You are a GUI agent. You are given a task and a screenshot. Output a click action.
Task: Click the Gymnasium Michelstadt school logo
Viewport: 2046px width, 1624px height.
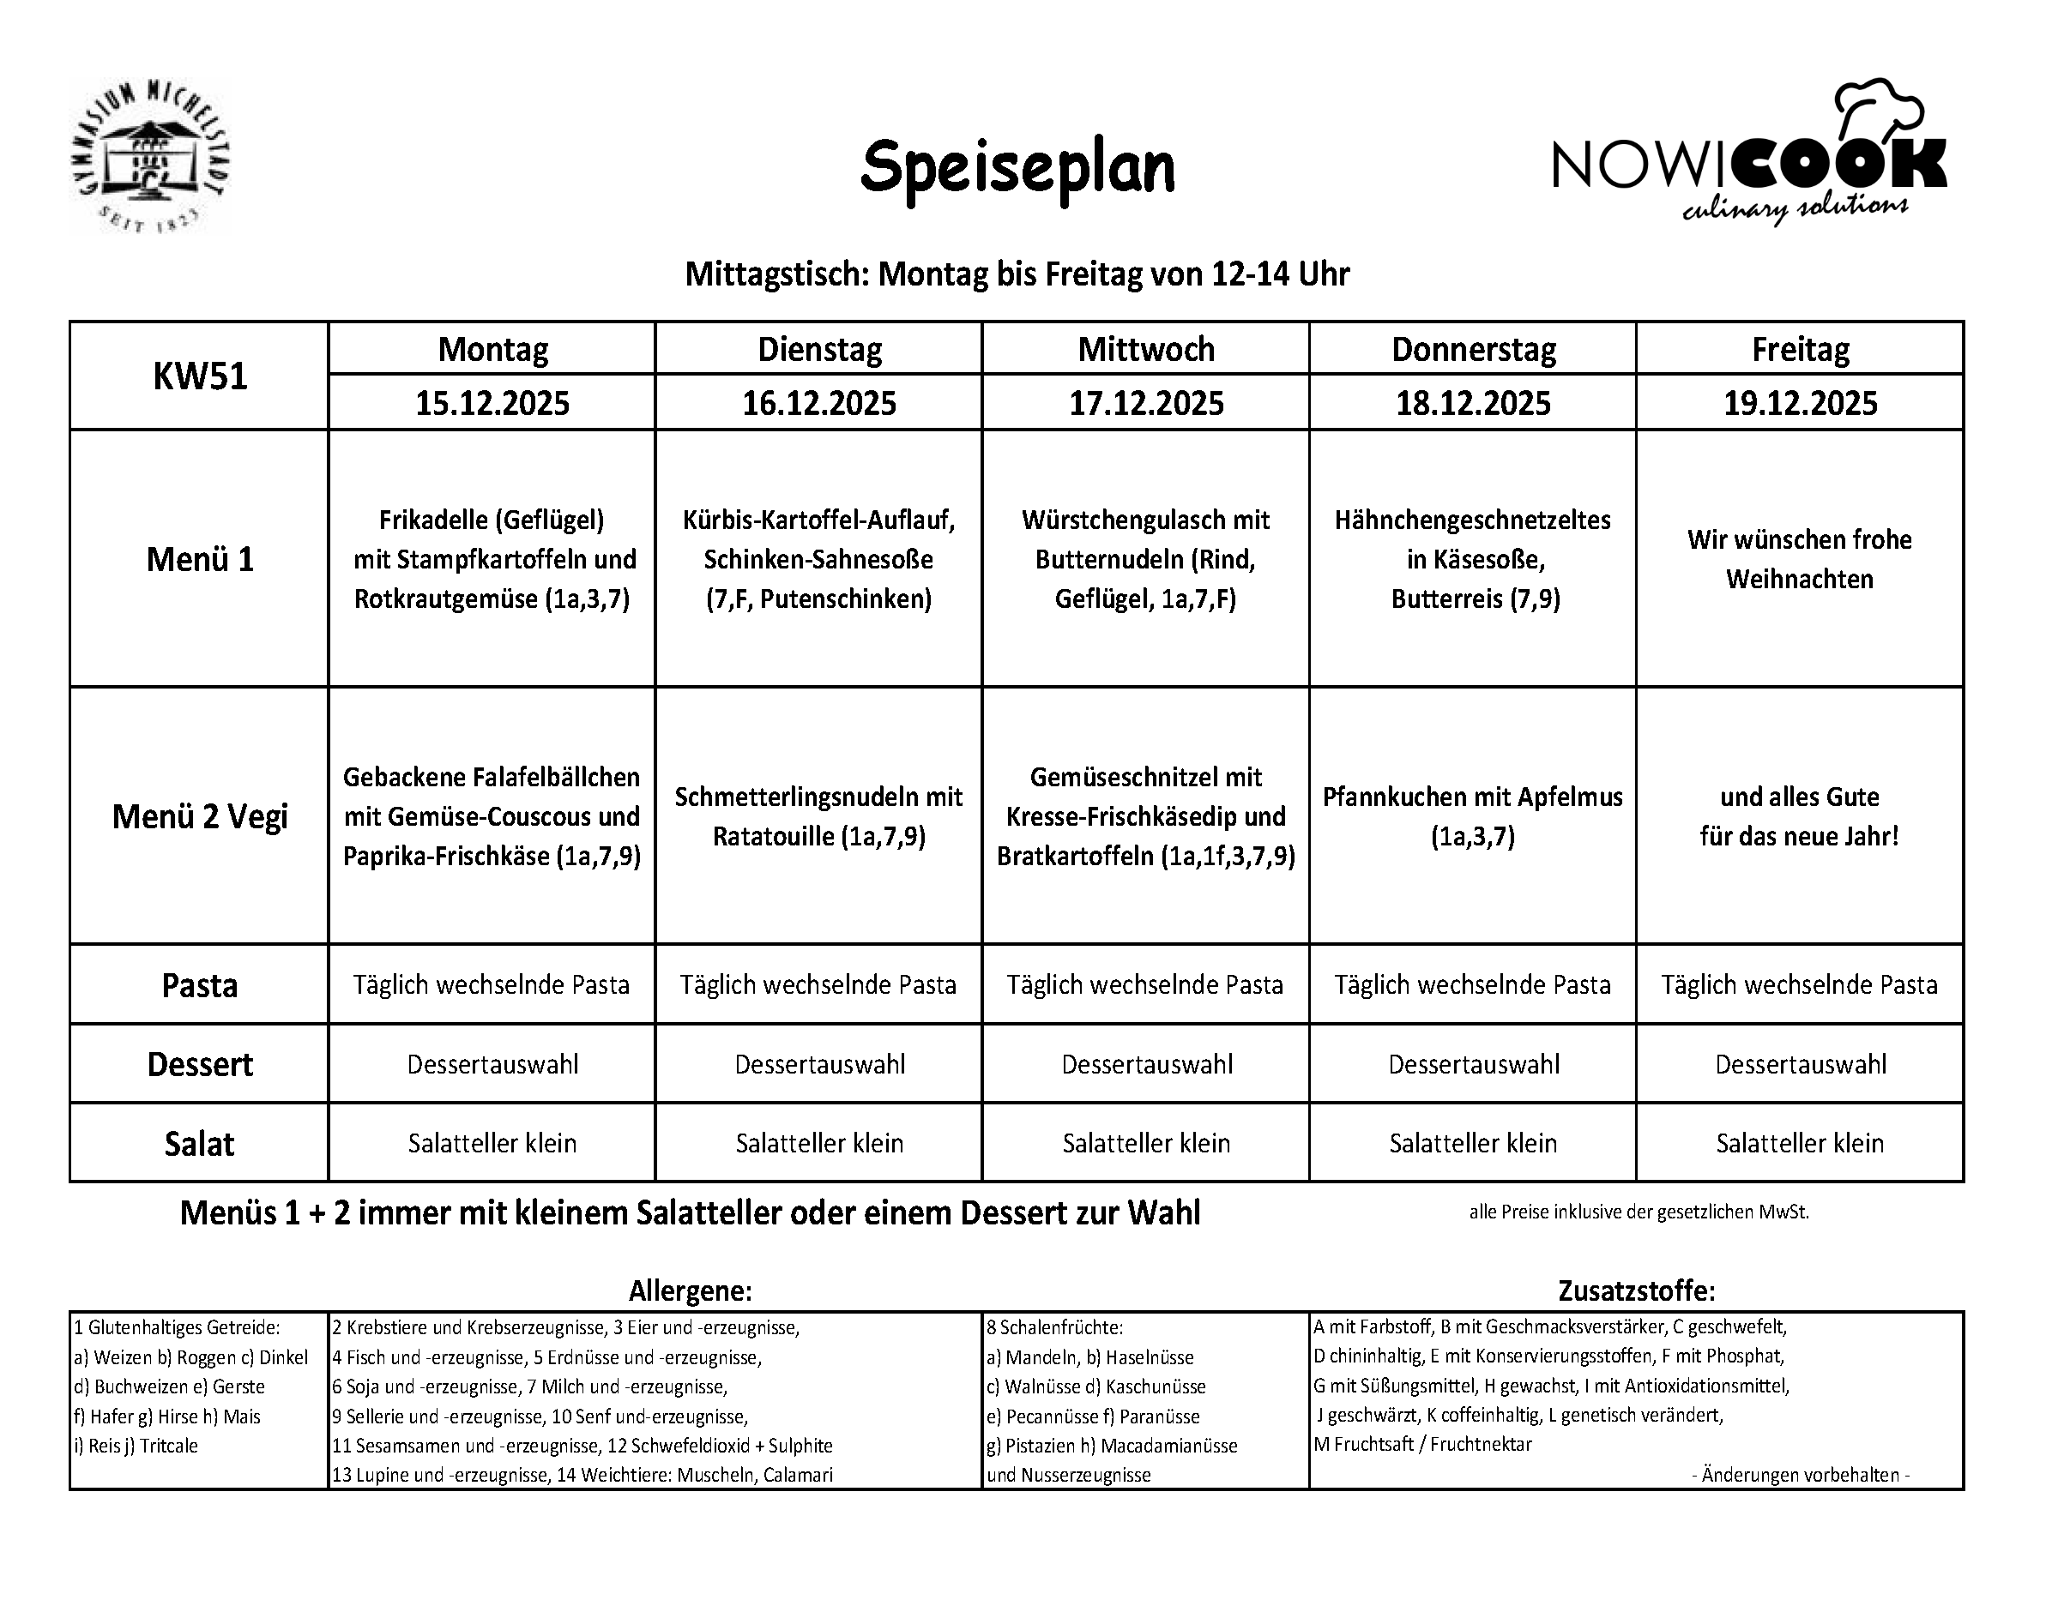[x=150, y=157]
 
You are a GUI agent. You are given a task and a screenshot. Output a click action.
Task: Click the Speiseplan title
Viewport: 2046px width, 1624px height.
[x=1017, y=168]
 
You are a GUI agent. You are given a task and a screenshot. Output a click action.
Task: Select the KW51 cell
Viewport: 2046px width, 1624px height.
[x=199, y=376]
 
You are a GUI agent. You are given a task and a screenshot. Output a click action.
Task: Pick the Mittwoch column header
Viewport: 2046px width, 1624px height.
[x=1145, y=349]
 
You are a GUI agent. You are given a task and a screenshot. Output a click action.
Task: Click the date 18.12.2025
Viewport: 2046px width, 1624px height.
[x=1473, y=403]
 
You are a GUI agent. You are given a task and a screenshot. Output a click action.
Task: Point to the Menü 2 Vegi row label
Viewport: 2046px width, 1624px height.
[x=199, y=815]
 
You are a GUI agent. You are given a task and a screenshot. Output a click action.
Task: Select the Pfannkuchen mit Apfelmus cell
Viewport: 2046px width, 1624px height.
[x=1473, y=815]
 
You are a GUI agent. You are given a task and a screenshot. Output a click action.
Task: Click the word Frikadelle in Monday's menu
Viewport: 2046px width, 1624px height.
[x=432, y=520]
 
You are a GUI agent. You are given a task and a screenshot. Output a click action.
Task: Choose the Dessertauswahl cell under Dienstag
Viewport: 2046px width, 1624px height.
[x=819, y=1064]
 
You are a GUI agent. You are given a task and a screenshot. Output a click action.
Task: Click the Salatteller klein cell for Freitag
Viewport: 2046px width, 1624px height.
[x=1799, y=1143]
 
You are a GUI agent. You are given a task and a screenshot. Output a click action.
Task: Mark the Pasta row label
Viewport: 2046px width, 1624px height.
[x=199, y=985]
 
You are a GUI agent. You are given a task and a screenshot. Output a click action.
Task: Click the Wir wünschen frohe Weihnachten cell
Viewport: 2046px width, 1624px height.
[x=1799, y=559]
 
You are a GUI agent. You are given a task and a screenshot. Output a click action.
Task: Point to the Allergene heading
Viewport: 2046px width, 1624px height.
[x=690, y=1291]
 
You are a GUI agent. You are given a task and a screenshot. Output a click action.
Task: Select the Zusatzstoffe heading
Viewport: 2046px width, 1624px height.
[x=1636, y=1291]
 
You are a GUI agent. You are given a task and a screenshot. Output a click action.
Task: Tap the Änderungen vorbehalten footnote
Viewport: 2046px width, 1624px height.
[x=1800, y=1475]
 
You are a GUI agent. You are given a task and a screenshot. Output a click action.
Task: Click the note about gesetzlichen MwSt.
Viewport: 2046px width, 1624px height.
[x=1639, y=1212]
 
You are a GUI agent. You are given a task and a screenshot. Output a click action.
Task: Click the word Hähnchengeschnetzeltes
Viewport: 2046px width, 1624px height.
[x=1473, y=520]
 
